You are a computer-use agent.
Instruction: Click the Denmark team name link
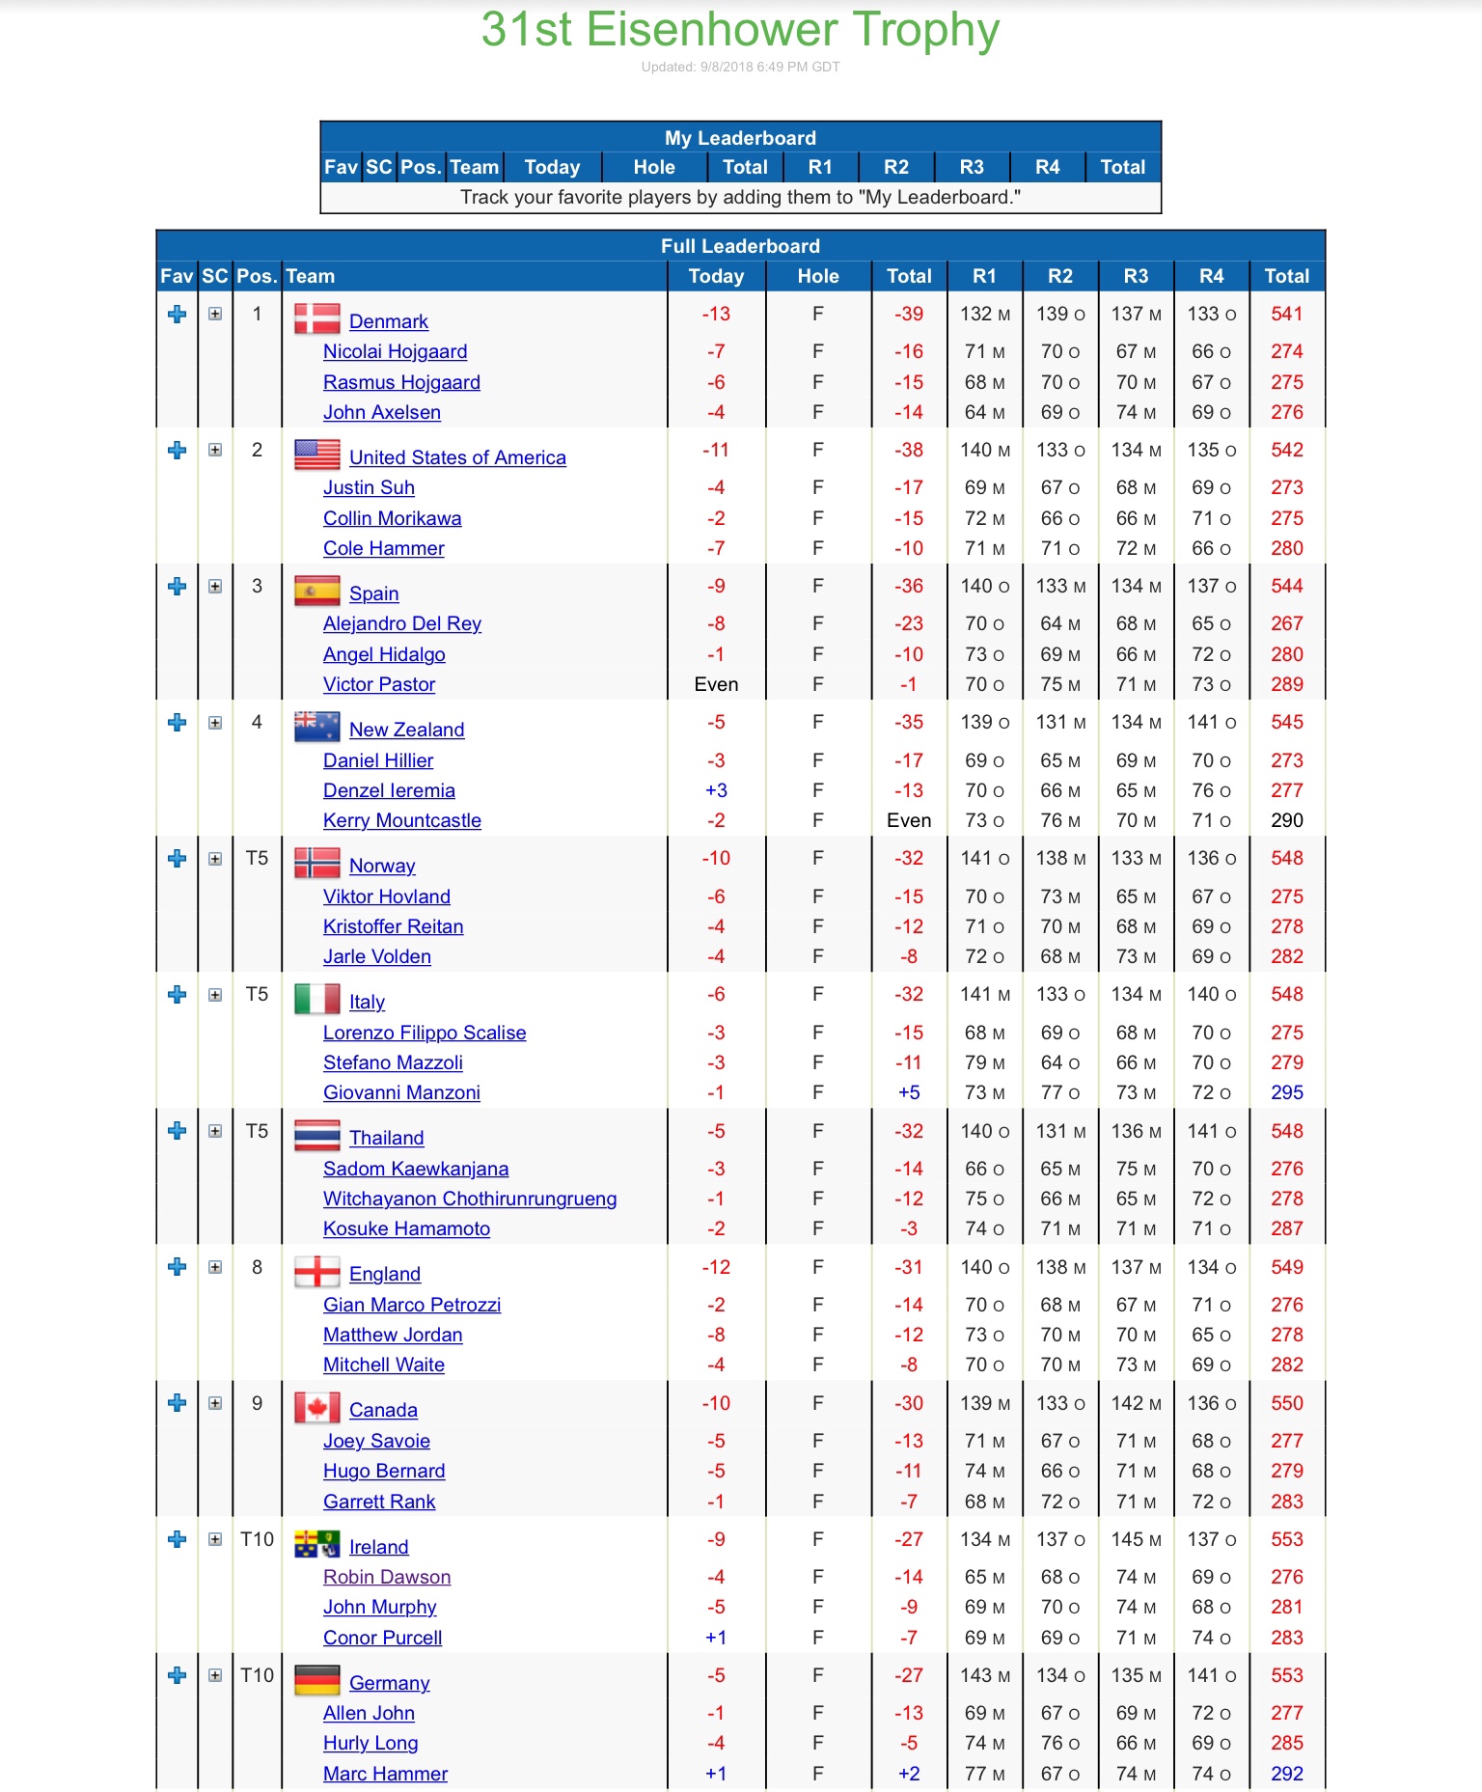coord(388,321)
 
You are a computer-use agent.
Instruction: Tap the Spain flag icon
coord(316,591)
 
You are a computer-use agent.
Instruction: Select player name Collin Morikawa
coord(392,518)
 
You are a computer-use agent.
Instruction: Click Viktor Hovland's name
coord(386,896)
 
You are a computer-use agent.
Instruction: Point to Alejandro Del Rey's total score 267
coord(1286,623)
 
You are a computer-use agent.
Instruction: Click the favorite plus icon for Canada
coord(177,1403)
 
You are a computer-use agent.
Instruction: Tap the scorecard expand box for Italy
coord(215,995)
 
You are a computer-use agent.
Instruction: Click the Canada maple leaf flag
coord(316,1408)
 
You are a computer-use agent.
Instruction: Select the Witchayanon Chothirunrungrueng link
coord(469,1199)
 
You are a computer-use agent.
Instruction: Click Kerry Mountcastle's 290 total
coord(1286,820)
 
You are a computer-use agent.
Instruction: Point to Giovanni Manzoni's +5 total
coord(908,1092)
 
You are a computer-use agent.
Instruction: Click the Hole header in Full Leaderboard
coord(817,276)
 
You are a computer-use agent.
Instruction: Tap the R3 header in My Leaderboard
coord(971,167)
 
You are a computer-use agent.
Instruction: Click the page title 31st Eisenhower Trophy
coord(740,30)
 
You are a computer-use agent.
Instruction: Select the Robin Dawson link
coord(386,1577)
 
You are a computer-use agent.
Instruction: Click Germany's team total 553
coord(1286,1675)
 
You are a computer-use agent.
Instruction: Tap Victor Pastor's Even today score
coord(716,684)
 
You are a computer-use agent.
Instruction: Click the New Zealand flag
coord(316,727)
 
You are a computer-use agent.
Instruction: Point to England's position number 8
coord(257,1267)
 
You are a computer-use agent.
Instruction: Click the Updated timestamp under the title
coord(740,67)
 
